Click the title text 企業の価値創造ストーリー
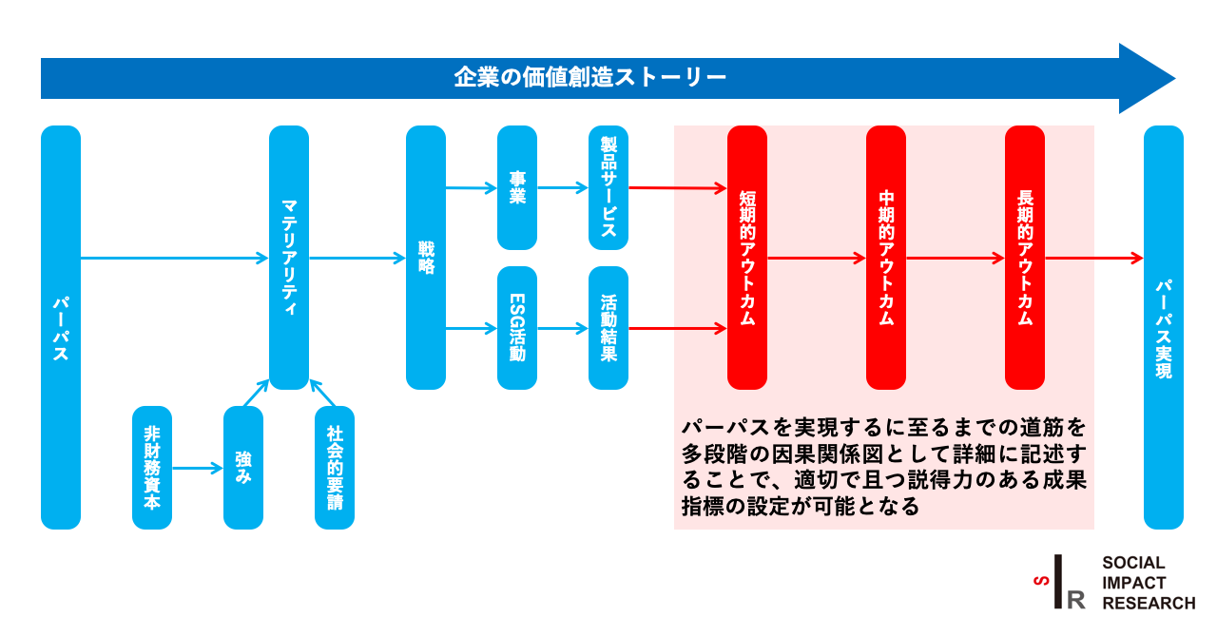[x=589, y=77]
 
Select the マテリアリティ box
[x=289, y=257]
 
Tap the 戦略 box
[x=426, y=257]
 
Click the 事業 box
[x=517, y=187]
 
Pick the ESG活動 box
[x=517, y=328]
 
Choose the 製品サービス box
[x=608, y=187]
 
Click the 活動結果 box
[x=608, y=328]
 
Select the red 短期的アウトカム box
[x=747, y=257]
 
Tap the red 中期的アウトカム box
[x=886, y=257]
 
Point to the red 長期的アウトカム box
[x=1025, y=257]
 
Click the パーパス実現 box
[x=1164, y=327]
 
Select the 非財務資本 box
[x=152, y=468]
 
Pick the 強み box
[x=243, y=468]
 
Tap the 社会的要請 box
[x=335, y=468]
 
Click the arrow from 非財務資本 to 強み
[x=197, y=468]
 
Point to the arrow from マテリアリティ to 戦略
[x=357, y=258]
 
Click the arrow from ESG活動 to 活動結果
[x=563, y=329]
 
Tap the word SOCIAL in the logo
[x=1133, y=563]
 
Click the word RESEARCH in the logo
[x=1149, y=603]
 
